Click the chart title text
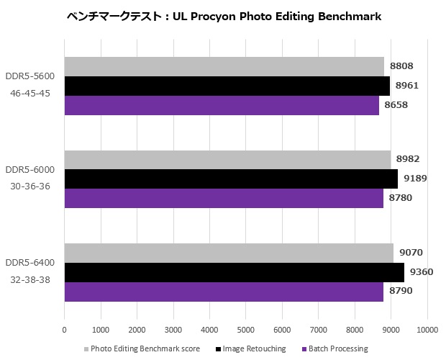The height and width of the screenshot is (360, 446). pos(223,15)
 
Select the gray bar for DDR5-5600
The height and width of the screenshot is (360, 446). pos(224,66)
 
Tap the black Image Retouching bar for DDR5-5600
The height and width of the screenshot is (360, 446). pos(227,86)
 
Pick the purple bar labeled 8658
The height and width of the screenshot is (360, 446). pos(222,105)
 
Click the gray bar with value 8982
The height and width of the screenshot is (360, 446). pos(227,159)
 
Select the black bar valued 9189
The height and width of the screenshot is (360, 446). pos(231,179)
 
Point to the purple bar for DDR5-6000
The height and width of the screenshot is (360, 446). pos(224,198)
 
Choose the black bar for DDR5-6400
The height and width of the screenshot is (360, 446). pos(234,272)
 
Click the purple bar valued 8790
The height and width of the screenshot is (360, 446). pos(224,292)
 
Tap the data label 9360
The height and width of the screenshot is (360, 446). pos(421,272)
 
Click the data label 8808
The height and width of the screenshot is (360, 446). pos(401,66)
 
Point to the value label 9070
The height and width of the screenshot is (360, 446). pos(411,253)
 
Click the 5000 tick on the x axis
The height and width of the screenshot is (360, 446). pos(246,330)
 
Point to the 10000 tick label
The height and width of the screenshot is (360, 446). pos(427,330)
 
